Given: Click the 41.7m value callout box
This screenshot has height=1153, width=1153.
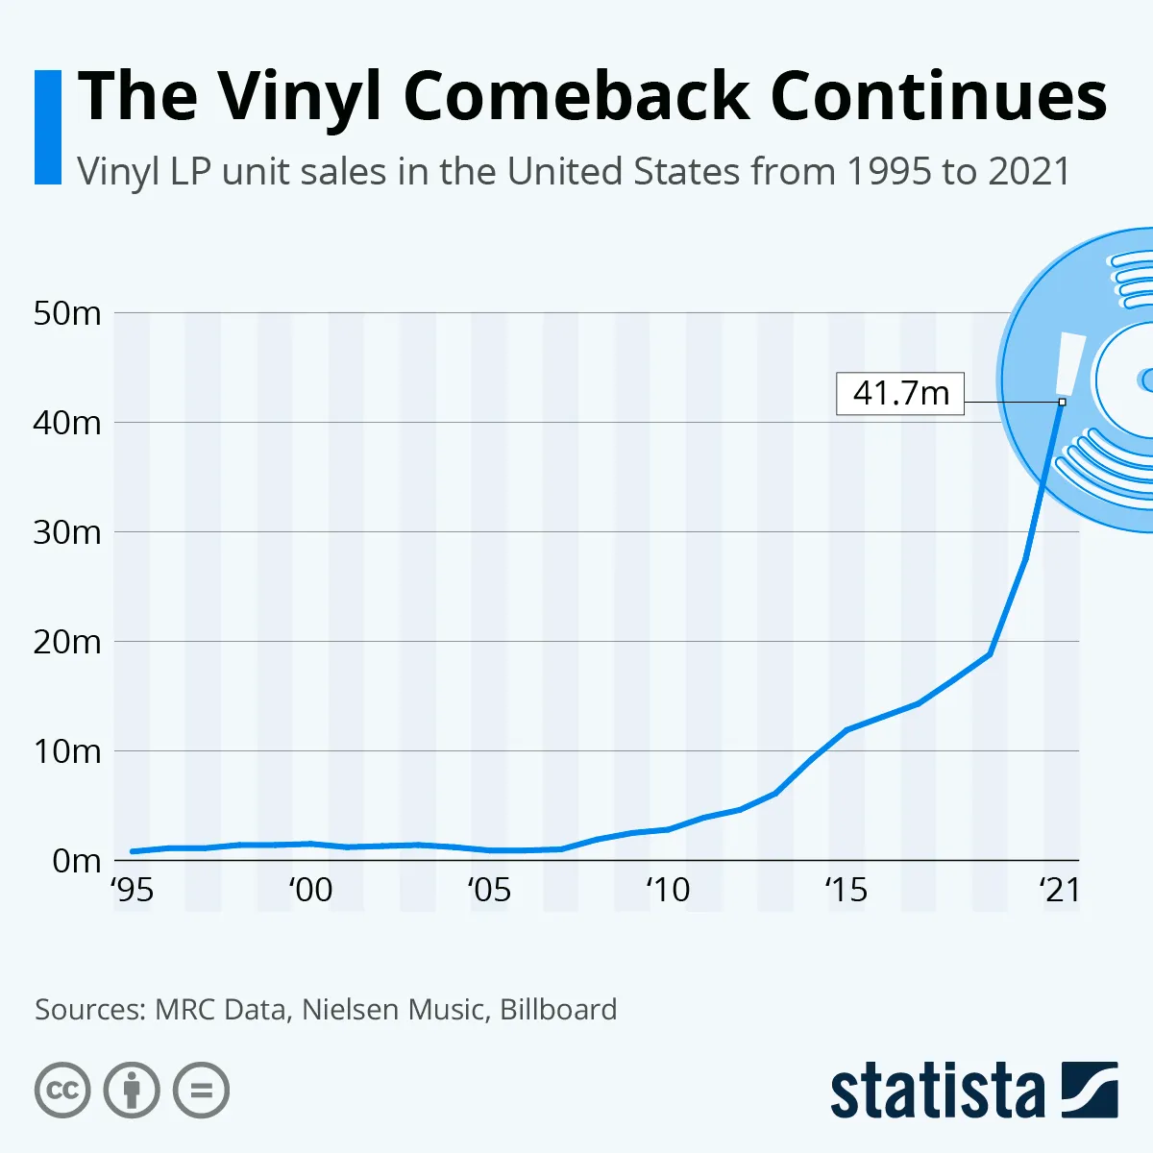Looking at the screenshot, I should [x=900, y=394].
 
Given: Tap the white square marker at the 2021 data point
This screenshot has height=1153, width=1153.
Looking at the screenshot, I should [x=1062, y=402].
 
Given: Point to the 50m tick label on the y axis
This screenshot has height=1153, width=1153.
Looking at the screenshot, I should [x=67, y=313].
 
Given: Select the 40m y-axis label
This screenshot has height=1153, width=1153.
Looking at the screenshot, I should [x=67, y=423].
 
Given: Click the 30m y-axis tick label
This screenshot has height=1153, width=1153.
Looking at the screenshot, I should [x=67, y=532].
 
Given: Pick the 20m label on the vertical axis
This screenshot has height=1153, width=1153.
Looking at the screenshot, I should [x=67, y=642].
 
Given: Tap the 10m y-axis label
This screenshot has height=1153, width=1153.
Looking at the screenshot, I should [x=67, y=751].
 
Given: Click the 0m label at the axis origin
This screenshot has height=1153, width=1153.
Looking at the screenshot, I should [x=76, y=861].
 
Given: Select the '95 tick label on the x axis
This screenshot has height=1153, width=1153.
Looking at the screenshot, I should [x=133, y=891].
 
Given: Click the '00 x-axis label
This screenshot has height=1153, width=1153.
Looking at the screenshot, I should [x=310, y=891].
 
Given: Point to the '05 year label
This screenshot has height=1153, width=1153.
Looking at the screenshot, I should [x=489, y=891].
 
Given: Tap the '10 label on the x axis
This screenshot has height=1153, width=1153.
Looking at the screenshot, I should [x=667, y=891].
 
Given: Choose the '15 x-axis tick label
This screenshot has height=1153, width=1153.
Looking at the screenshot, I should [x=846, y=891].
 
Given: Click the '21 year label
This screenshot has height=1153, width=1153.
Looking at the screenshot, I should [x=1060, y=891].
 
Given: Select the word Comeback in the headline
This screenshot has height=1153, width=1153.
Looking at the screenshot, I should [x=576, y=96].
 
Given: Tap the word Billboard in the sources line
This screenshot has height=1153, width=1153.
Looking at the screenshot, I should [x=558, y=1010].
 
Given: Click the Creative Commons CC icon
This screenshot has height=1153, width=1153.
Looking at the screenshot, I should [x=62, y=1091].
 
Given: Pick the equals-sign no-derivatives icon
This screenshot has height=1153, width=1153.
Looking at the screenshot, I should [x=201, y=1091].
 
